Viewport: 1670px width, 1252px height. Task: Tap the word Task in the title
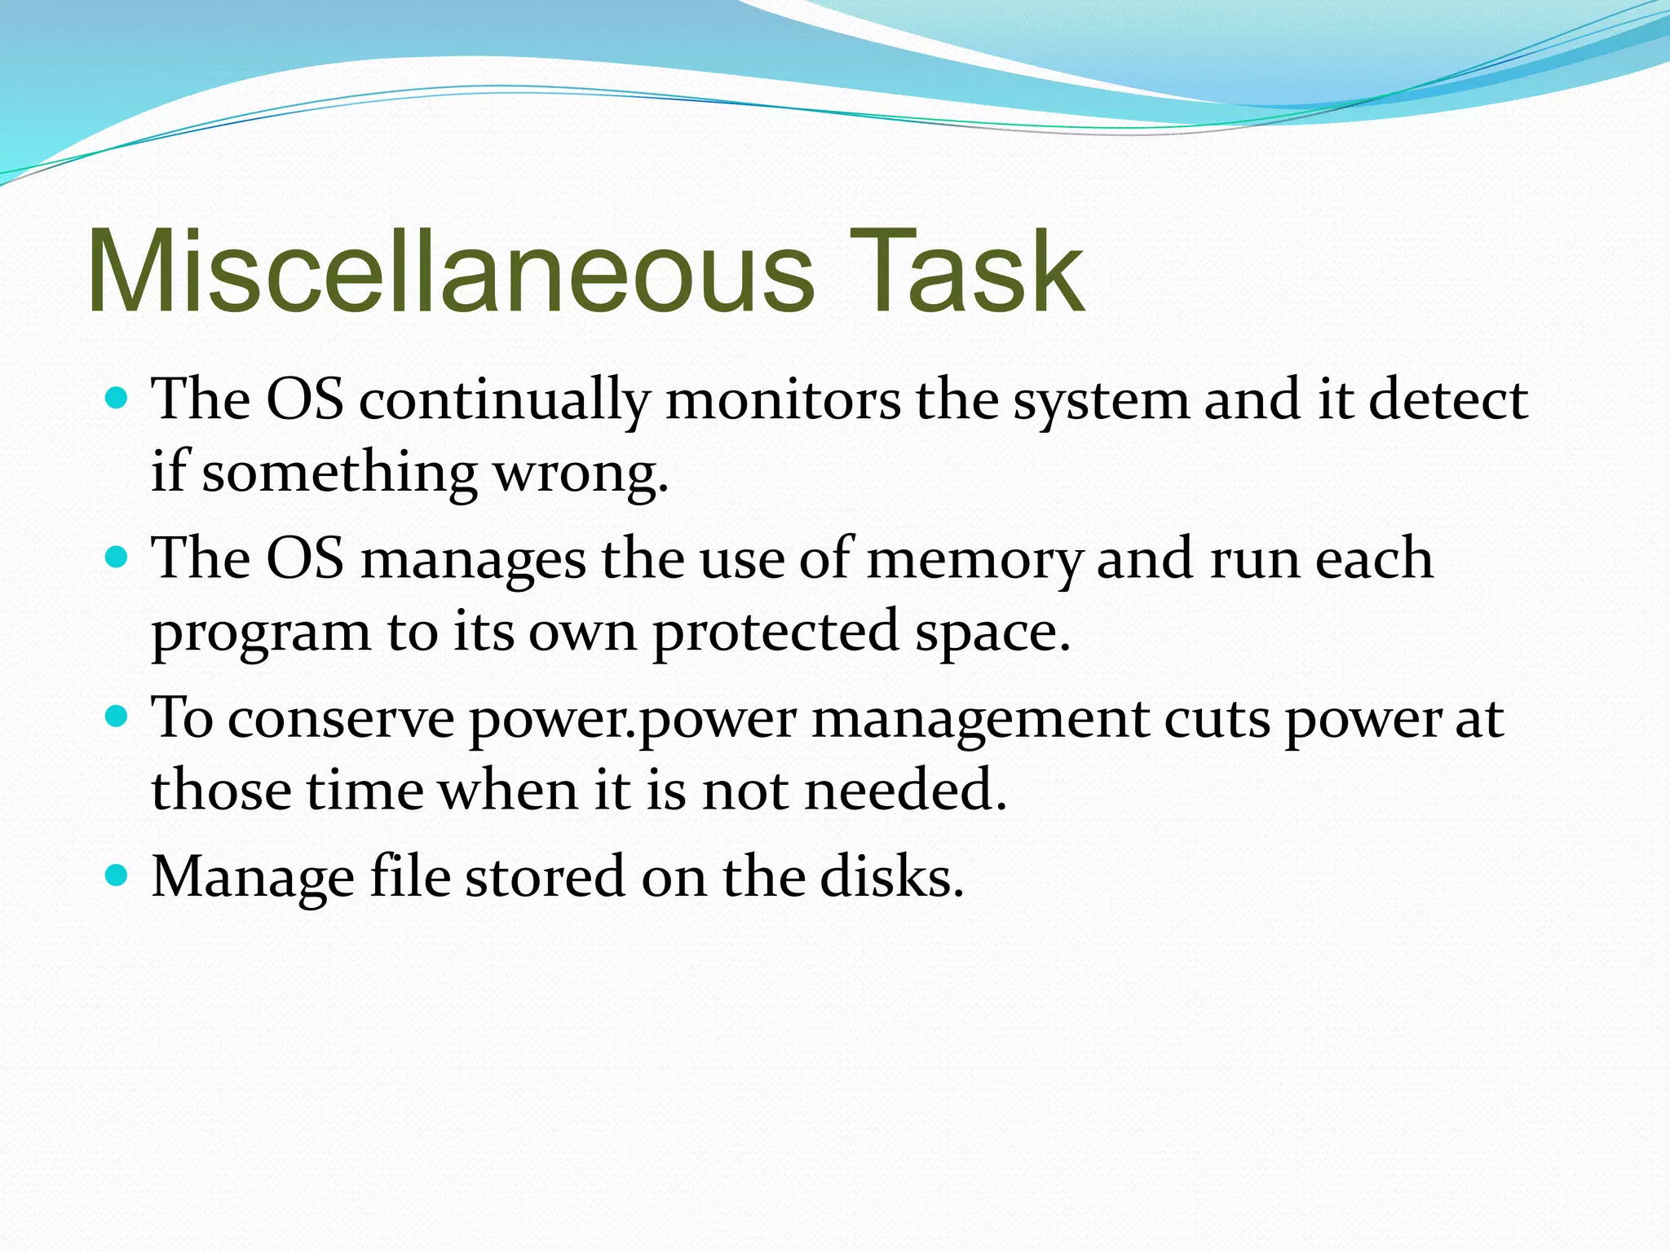pyautogui.click(x=966, y=271)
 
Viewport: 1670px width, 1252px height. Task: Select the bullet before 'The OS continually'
pyautogui.click(x=118, y=399)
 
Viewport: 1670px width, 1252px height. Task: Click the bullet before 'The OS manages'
pyautogui.click(x=118, y=558)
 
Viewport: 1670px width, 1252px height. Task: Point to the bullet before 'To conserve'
pyautogui.click(x=118, y=717)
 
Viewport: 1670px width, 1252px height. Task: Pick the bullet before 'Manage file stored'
pyautogui.click(x=118, y=875)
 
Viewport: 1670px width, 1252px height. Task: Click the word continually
pyautogui.click(x=504, y=401)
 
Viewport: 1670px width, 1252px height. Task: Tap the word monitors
pyautogui.click(x=783, y=401)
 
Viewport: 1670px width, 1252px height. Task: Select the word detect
pyautogui.click(x=1448, y=399)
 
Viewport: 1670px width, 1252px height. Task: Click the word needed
pyautogui.click(x=905, y=791)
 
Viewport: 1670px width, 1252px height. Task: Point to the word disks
pyautogui.click(x=891, y=876)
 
